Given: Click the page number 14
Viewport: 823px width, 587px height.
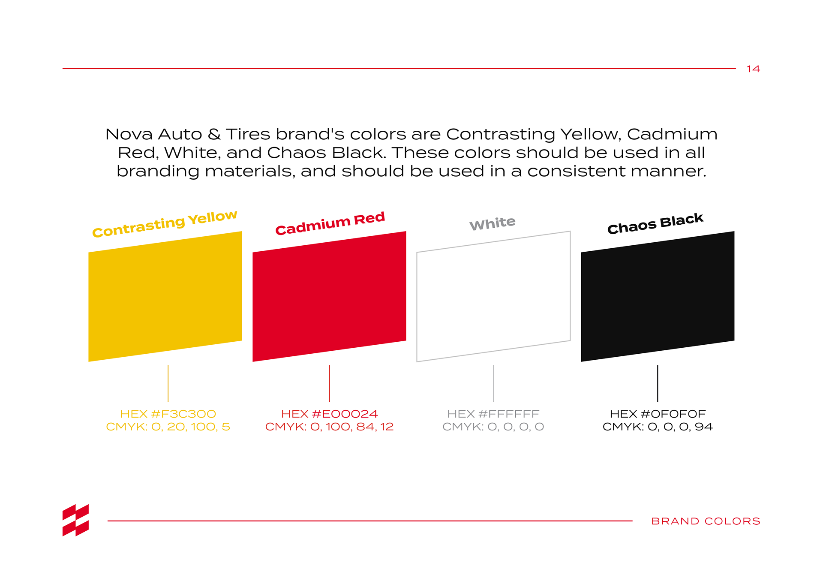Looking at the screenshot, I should [753, 69].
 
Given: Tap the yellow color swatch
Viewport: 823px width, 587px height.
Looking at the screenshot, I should [165, 296].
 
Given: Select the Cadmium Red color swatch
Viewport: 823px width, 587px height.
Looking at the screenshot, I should [329, 296].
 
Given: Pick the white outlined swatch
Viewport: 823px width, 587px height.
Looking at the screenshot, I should [493, 296].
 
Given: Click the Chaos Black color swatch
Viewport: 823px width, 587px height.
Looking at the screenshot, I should [658, 296].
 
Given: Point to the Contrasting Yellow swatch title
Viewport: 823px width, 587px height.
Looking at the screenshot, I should [165, 224].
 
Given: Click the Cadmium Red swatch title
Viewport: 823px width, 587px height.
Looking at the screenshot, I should [330, 223].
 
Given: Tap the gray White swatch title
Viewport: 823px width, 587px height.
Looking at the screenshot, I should [493, 223].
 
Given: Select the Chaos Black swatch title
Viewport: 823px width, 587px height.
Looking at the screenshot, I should [655, 223].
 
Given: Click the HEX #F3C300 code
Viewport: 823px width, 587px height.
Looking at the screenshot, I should [168, 414].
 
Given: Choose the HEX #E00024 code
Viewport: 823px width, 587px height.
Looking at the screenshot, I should [329, 414].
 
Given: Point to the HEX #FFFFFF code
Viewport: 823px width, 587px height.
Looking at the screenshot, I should [493, 414].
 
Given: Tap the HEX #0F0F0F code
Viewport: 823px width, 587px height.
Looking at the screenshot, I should [658, 414].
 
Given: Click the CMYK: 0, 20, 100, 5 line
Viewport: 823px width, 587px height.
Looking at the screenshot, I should [168, 427].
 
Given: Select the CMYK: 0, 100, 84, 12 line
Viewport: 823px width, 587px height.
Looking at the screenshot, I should [329, 427].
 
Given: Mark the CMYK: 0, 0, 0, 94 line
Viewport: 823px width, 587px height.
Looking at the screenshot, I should [658, 427].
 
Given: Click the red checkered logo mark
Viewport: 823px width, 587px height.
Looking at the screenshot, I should [76, 520].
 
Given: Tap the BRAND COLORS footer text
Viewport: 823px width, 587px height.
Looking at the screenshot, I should [706, 521].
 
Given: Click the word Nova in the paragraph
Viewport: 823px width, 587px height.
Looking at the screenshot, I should [129, 134].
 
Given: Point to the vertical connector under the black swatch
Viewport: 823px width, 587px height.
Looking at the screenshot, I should [658, 383].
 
